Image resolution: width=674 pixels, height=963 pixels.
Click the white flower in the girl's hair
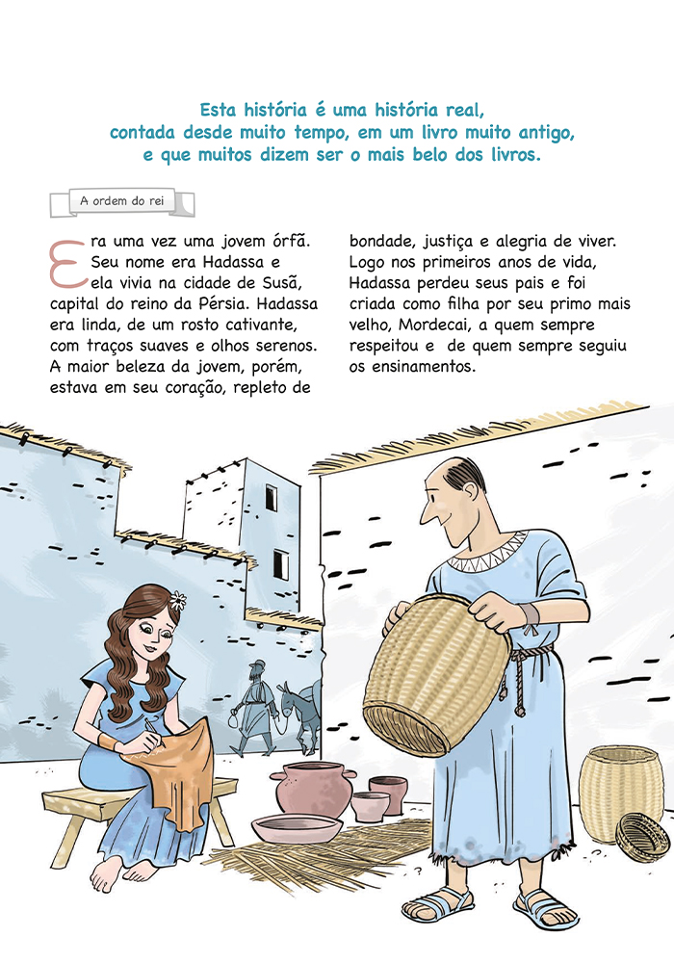pos(177,600)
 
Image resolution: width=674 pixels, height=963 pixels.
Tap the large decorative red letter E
pos(67,264)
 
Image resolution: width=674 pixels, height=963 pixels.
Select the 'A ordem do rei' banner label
pos(122,201)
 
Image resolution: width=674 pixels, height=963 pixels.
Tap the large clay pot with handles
pos(313,789)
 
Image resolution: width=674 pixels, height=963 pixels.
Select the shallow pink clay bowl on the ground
pos(298,828)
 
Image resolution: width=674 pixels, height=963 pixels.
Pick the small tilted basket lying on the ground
pos(642,836)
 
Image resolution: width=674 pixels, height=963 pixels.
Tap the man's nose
pos(426,513)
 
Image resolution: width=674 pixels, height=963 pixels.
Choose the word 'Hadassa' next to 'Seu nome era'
pos(233,262)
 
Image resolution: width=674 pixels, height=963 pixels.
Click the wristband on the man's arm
pos(530,614)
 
